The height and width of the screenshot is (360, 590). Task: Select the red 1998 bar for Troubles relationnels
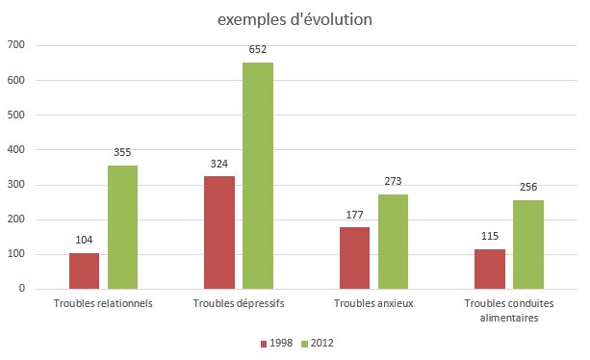[85, 270]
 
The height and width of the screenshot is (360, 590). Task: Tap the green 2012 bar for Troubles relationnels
[122, 227]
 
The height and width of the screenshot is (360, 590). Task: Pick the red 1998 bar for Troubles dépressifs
[219, 232]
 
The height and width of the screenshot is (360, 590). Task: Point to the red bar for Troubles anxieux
[354, 258]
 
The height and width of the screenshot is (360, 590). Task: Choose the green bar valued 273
[393, 242]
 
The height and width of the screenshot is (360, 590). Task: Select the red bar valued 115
[490, 269]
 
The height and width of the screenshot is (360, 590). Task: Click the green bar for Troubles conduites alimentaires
[528, 244]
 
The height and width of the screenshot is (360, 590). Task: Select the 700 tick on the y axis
[17, 45]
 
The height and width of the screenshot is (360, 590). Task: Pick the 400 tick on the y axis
[17, 150]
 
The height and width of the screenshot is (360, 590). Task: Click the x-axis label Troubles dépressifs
[239, 304]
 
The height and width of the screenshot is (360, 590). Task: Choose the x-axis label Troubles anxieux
[373, 304]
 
